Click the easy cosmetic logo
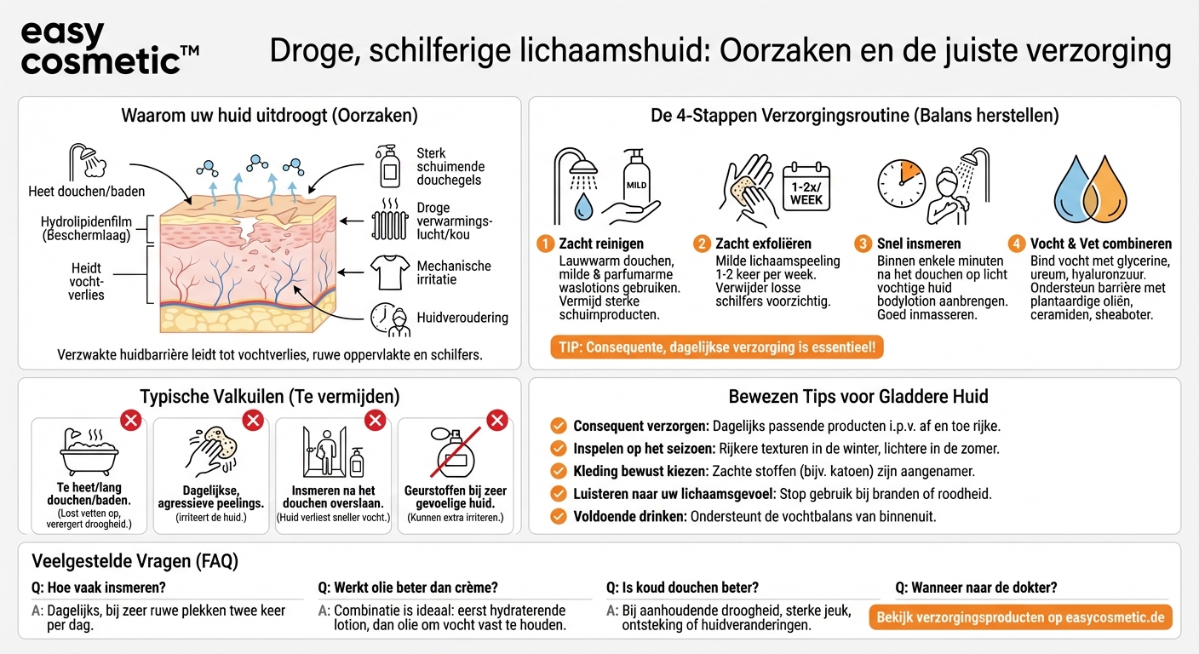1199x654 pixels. (108, 49)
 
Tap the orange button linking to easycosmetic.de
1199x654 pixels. (1020, 617)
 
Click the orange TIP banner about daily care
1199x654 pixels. (717, 347)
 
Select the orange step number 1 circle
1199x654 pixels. (545, 244)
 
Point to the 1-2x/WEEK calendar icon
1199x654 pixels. (806, 187)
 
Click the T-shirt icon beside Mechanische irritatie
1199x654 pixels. (390, 272)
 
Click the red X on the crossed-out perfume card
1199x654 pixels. (496, 420)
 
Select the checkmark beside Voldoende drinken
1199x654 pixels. (559, 516)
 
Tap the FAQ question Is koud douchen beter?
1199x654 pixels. (682, 588)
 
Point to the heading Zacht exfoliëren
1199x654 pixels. (763, 244)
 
